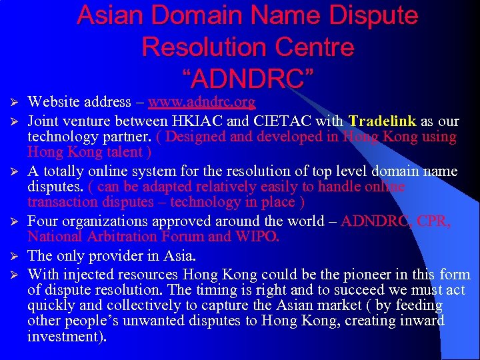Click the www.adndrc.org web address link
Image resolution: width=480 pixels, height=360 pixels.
click(x=201, y=102)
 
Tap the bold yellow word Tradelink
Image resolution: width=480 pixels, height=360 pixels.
click(x=383, y=121)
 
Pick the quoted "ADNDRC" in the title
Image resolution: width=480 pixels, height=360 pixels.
click(x=248, y=77)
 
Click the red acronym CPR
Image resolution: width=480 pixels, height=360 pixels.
click(x=436, y=221)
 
